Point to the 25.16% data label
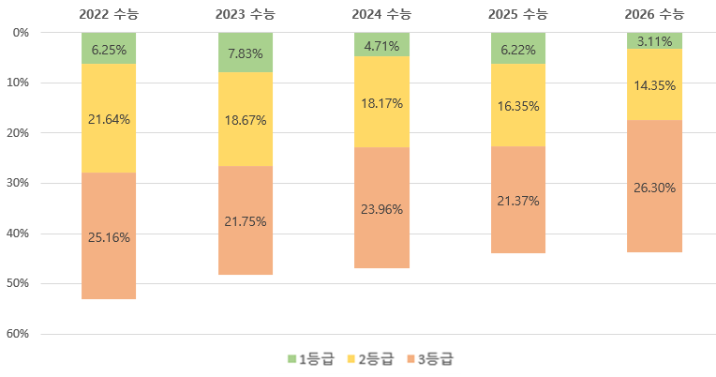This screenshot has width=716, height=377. (109, 237)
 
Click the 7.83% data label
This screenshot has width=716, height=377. (246, 53)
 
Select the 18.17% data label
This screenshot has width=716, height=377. (381, 103)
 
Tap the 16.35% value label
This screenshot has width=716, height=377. (518, 107)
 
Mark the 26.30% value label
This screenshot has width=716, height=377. (654, 186)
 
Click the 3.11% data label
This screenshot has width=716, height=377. (654, 42)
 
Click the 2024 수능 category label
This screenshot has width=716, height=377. (381, 14)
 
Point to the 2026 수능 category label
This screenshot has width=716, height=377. (654, 14)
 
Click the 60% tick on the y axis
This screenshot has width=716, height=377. (21, 334)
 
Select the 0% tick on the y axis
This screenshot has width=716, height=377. (23, 33)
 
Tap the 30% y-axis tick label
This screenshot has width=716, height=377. (21, 183)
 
